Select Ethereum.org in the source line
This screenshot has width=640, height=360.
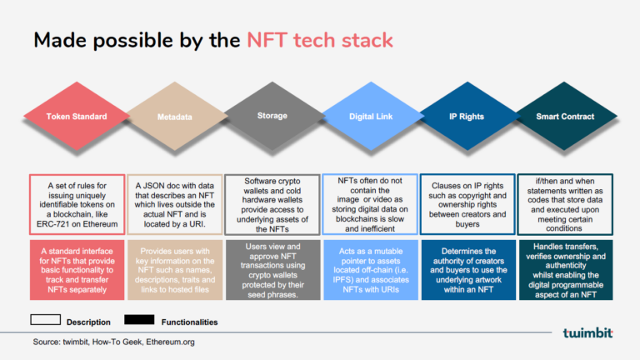tap(168, 342)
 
